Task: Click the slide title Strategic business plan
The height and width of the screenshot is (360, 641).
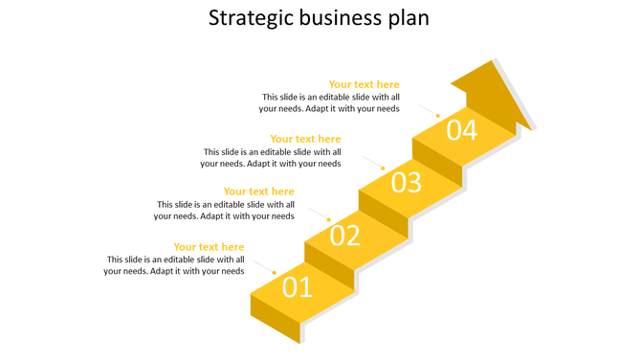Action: (x=320, y=18)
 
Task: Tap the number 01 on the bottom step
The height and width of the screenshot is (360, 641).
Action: (x=297, y=286)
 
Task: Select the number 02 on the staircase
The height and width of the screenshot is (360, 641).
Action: (x=344, y=235)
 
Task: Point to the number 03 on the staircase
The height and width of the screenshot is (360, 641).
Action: (x=406, y=182)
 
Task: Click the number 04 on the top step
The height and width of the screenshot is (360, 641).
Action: (x=461, y=129)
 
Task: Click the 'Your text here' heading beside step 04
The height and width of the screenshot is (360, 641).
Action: (x=364, y=84)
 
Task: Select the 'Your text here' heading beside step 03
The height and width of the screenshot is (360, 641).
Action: (x=305, y=139)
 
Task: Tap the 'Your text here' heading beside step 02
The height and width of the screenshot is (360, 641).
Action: (x=258, y=191)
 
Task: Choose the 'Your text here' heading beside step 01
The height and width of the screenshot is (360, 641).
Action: (x=209, y=247)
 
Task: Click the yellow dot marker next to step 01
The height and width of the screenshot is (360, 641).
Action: (x=275, y=273)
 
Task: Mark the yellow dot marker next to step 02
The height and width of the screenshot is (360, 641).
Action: (x=329, y=220)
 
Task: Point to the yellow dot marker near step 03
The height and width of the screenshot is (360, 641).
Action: (x=384, y=169)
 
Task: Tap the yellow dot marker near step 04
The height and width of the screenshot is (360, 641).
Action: (x=438, y=116)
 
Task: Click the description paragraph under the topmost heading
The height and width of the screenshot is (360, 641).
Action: (x=330, y=102)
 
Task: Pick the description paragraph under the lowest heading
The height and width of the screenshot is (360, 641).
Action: (x=174, y=265)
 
